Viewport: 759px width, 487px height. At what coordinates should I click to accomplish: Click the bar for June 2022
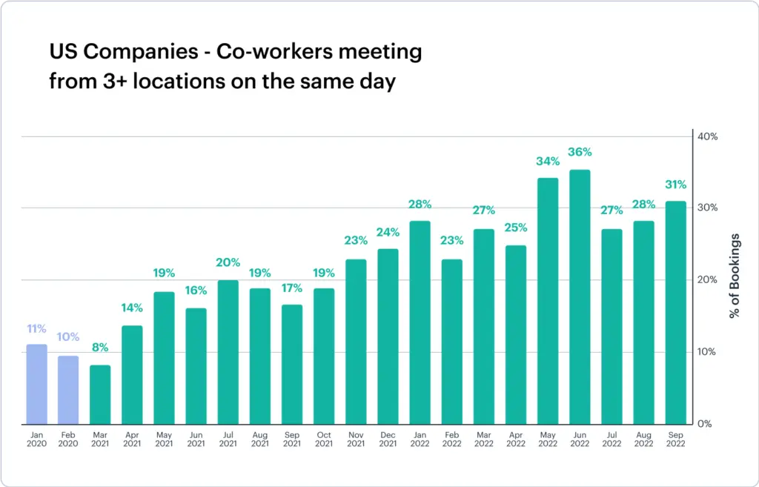(580, 296)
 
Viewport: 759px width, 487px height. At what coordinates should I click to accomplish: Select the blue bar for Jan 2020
(36, 384)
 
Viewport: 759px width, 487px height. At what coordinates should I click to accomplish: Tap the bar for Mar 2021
(100, 394)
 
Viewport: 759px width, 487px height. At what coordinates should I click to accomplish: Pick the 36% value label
(580, 152)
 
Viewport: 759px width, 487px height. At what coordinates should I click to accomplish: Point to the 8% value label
(100, 347)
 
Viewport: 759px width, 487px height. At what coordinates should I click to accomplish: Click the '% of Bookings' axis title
(735, 276)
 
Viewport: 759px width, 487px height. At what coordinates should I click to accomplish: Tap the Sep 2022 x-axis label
(675, 439)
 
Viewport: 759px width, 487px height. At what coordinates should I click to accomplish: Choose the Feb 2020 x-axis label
(68, 439)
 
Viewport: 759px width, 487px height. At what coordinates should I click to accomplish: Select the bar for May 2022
(548, 301)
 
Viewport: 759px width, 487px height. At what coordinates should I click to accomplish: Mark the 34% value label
(548, 161)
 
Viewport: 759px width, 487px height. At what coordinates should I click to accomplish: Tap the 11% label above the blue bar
(36, 328)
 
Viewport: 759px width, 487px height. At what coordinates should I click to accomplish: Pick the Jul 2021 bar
(228, 352)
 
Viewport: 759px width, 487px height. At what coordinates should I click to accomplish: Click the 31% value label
(675, 185)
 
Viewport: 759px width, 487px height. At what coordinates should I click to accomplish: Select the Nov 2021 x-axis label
(356, 439)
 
